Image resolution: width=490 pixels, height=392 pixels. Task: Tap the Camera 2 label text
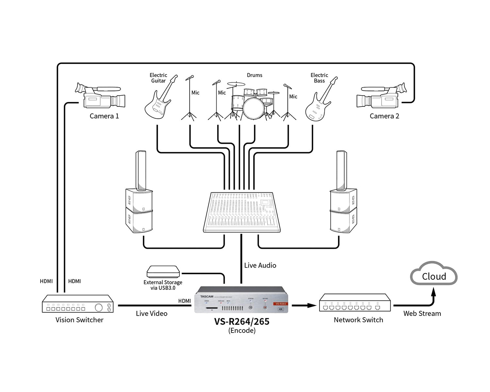[x=384, y=116]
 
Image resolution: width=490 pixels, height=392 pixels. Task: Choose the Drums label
[x=254, y=75]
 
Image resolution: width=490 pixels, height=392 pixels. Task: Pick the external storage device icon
[x=163, y=271]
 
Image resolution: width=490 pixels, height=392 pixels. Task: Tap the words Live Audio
[x=260, y=265]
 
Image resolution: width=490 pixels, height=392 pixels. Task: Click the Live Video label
[x=152, y=313]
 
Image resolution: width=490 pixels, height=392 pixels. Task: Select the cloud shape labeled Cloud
[x=434, y=274]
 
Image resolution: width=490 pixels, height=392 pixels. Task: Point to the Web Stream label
[x=422, y=313]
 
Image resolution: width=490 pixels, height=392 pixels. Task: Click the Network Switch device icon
[x=355, y=303]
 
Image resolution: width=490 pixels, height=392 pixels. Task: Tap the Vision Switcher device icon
[x=78, y=304]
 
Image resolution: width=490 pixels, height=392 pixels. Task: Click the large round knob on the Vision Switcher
[x=98, y=307]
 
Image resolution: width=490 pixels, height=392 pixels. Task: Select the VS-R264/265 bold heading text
[x=242, y=322]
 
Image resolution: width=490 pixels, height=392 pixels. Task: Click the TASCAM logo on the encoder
[x=206, y=297]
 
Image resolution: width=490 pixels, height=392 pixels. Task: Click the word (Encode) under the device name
[x=242, y=331]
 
